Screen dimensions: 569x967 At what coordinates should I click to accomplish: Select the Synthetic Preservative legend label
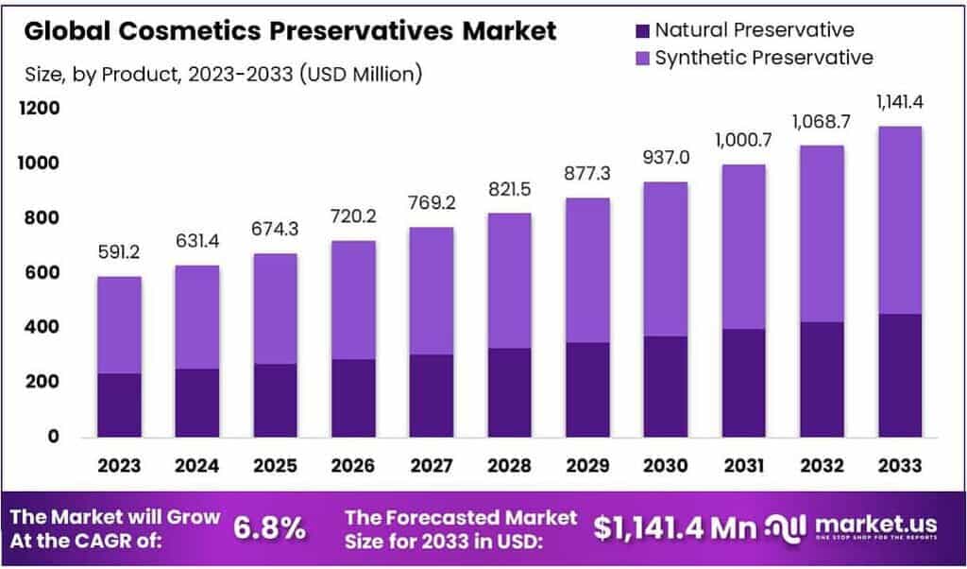tap(764, 58)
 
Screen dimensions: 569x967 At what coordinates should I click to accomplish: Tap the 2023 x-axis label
tap(118, 465)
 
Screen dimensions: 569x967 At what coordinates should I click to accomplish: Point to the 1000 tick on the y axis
tap(41, 164)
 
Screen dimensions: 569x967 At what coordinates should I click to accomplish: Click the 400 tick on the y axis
tap(44, 327)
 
